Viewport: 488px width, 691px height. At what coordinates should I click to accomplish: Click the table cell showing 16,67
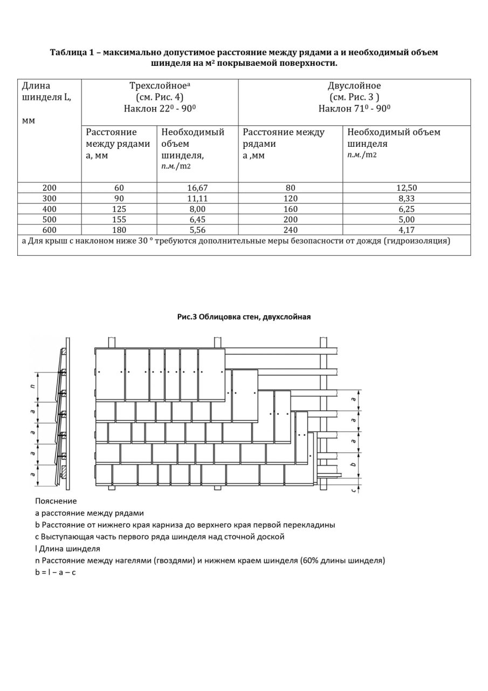click(197, 188)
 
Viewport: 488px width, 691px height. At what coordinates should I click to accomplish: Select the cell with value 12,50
click(406, 188)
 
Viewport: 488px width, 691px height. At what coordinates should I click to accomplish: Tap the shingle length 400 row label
click(49, 208)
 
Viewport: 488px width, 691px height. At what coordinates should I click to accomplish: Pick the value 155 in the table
click(119, 218)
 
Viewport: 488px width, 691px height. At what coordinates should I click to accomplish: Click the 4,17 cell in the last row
click(406, 228)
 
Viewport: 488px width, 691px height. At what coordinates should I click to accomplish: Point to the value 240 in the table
click(290, 228)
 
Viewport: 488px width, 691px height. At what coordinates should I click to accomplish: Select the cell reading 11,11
click(197, 198)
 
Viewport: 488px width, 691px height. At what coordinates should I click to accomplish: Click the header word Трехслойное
click(158, 86)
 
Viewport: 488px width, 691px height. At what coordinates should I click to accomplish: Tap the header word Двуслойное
click(354, 86)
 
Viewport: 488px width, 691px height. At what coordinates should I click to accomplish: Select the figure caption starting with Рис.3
click(244, 317)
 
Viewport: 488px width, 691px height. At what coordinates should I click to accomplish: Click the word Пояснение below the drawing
click(56, 501)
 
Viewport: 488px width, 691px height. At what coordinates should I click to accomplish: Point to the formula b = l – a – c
click(56, 572)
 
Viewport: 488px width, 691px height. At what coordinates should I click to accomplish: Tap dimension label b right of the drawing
click(354, 464)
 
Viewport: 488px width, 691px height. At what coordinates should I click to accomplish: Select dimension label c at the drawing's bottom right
click(354, 490)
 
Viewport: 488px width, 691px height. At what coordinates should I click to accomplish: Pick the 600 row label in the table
click(49, 228)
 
